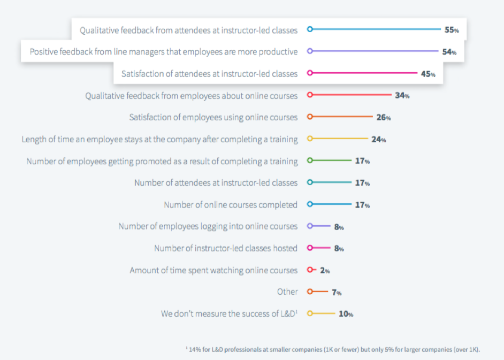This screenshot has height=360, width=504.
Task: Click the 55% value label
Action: click(x=452, y=30)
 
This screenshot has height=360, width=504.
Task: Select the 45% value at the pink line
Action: click(x=428, y=74)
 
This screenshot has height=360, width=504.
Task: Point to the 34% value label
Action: click(x=402, y=96)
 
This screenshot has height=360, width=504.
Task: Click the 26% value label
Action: click(x=384, y=117)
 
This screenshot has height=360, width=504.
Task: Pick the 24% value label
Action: click(x=379, y=139)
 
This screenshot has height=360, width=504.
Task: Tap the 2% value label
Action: click(x=325, y=271)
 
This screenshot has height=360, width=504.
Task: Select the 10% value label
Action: click(x=346, y=314)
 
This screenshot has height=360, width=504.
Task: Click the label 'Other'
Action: click(x=287, y=292)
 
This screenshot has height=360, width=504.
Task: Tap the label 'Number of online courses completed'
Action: click(x=231, y=204)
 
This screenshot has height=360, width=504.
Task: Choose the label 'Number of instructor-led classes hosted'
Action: click(x=226, y=248)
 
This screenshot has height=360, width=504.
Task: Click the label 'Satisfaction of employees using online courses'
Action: click(x=213, y=117)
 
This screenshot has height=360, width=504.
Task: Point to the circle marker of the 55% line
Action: click(x=309, y=29)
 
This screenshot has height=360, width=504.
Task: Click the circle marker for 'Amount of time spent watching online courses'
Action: click(x=309, y=270)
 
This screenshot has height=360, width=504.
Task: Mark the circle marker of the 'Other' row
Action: click(x=309, y=292)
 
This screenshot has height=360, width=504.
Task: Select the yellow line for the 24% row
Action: click(x=339, y=139)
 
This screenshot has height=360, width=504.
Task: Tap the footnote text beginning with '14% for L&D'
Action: click(x=333, y=350)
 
